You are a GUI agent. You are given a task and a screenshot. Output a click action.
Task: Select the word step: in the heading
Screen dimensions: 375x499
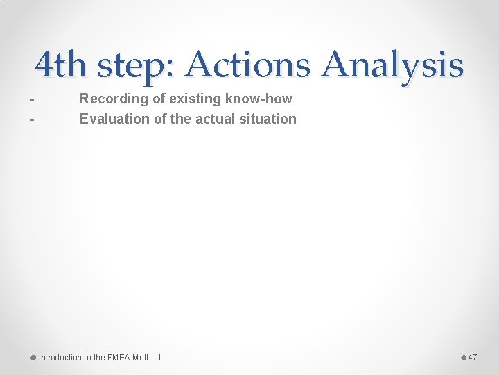pos(137,65)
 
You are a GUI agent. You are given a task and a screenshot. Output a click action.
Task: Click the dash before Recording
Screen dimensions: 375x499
pos(32,100)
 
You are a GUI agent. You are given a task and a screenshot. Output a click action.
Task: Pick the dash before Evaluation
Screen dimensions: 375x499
pos(32,119)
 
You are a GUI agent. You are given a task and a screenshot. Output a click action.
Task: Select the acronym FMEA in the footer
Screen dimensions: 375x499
pos(119,358)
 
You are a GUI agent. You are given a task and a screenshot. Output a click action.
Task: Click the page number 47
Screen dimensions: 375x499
pos(473,358)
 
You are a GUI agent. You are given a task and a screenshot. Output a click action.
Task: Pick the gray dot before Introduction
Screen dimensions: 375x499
pos(33,358)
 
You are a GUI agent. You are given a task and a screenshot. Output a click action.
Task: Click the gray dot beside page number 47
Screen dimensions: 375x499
pos(464,358)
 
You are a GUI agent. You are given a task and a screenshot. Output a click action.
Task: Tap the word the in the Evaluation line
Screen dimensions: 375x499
pos(180,119)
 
